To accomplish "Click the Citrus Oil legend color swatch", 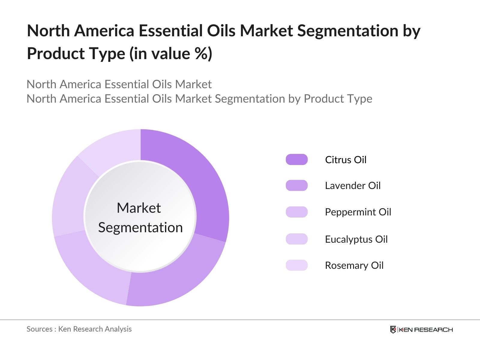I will pyautogui.click(x=297, y=160).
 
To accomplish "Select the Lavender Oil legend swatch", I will pyautogui.click(x=297, y=185).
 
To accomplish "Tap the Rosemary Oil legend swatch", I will pyautogui.click(x=297, y=265).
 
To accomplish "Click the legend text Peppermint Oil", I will pyautogui.click(x=358, y=212).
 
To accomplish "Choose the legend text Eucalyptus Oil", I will pyautogui.click(x=356, y=239).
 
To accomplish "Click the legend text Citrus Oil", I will pyautogui.click(x=346, y=160).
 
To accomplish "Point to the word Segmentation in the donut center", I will pyautogui.click(x=140, y=227).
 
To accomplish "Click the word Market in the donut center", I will pyautogui.click(x=139, y=208).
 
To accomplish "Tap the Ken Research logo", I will pyautogui.click(x=421, y=329).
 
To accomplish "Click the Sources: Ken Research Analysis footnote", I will pyautogui.click(x=79, y=329).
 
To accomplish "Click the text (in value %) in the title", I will pyautogui.click(x=171, y=54).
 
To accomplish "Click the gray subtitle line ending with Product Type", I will pyautogui.click(x=199, y=99).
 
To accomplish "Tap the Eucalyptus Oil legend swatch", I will pyautogui.click(x=297, y=239).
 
